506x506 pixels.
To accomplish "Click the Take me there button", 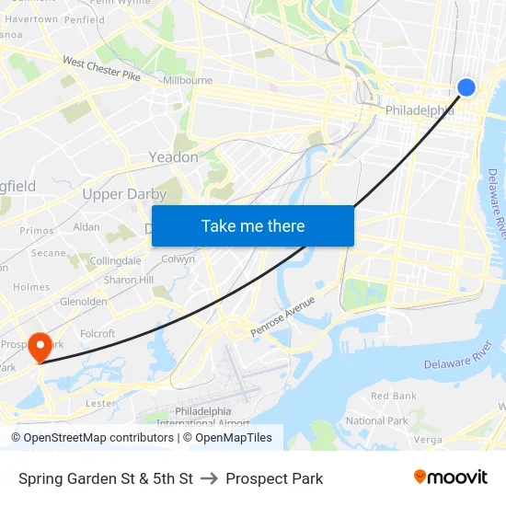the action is click(253, 226).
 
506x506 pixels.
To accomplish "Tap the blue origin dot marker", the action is click(466, 87).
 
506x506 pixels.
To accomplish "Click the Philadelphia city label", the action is click(420, 110).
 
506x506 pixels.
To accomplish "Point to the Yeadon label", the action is click(174, 157).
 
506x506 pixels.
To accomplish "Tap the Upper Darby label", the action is click(124, 194).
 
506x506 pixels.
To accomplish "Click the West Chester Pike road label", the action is click(101, 68).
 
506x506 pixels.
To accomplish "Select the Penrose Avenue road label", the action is click(282, 316).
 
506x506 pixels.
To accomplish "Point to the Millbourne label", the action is click(188, 81).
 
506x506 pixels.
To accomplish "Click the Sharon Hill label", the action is click(128, 280).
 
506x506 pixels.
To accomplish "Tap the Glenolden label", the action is click(83, 301).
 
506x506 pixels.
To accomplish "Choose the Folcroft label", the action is click(98, 334).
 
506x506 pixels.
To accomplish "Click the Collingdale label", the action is click(115, 261).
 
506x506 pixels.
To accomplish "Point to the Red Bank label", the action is click(393, 396).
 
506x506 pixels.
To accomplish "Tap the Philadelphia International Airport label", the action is click(203, 417).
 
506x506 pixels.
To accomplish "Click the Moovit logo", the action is click(451, 477).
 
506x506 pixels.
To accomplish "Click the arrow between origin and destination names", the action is click(209, 478).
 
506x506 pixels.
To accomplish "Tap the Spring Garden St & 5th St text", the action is click(106, 478).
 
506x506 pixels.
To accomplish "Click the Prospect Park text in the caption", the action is click(274, 478).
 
